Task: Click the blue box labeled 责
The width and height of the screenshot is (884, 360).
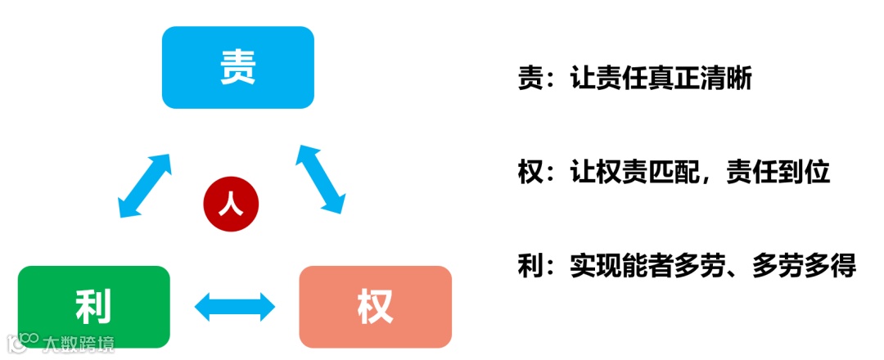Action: click(237, 67)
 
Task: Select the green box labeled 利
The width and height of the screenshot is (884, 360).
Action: click(93, 306)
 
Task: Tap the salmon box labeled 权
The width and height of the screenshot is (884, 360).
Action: click(375, 306)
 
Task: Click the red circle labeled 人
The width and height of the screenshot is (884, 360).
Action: click(231, 204)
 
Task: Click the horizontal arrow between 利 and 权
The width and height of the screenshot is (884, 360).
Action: click(235, 307)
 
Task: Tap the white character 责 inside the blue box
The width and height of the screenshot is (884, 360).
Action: click(238, 67)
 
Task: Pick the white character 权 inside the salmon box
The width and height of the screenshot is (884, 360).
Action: click(375, 307)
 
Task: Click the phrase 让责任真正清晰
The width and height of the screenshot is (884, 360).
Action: click(661, 79)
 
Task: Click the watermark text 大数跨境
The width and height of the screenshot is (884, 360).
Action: click(79, 342)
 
